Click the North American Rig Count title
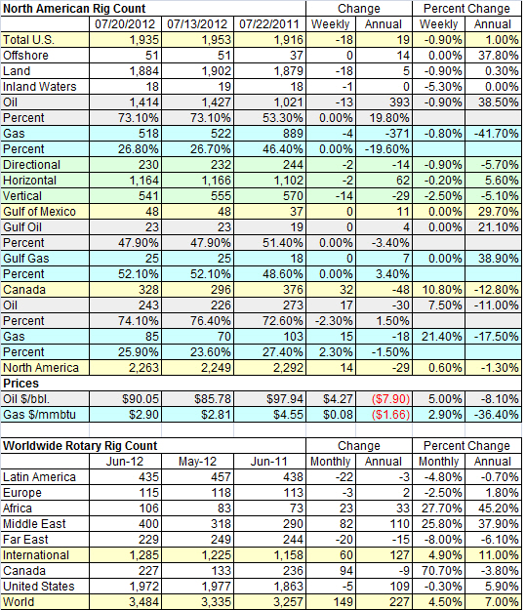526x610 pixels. (x=74, y=8)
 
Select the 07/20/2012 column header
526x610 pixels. (x=125, y=24)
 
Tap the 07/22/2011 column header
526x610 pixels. (x=269, y=24)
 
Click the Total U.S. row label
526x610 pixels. (x=28, y=40)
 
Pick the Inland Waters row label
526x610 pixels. (x=40, y=86)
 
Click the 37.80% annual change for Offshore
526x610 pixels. (x=499, y=56)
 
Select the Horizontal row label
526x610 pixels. (x=29, y=181)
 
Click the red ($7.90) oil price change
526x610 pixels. (x=390, y=399)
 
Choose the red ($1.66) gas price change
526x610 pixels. (x=390, y=415)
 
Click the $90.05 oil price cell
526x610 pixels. (x=141, y=399)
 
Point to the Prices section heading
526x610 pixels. (x=21, y=384)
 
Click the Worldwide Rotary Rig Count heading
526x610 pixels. (x=80, y=445)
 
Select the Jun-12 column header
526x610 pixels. (x=125, y=462)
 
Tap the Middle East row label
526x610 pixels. (x=34, y=524)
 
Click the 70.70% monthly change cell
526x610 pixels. (x=442, y=570)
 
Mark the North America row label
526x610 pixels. (x=40, y=367)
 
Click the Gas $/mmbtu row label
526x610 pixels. (x=39, y=415)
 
